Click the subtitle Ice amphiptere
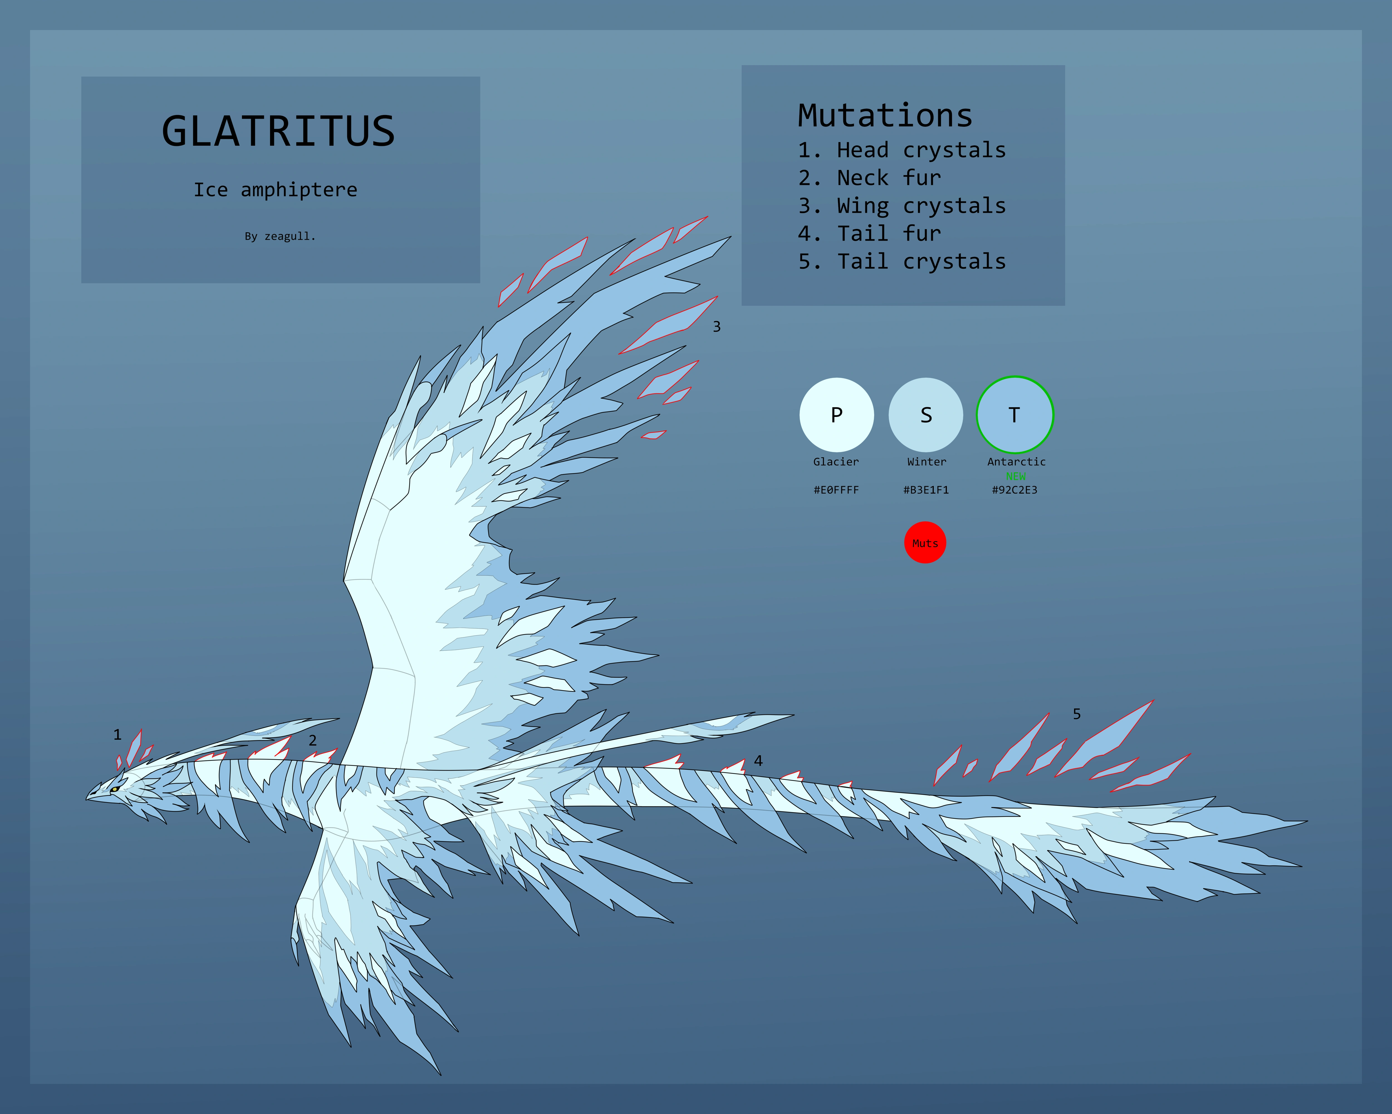276,190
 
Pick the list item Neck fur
870,178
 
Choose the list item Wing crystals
902,206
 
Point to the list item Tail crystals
902,262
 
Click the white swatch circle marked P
837,415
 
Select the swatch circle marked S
926,415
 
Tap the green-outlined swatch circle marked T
1015,415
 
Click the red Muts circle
925,543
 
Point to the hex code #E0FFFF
836,490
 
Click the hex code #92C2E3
1015,490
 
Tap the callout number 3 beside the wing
717,327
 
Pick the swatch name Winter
927,462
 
